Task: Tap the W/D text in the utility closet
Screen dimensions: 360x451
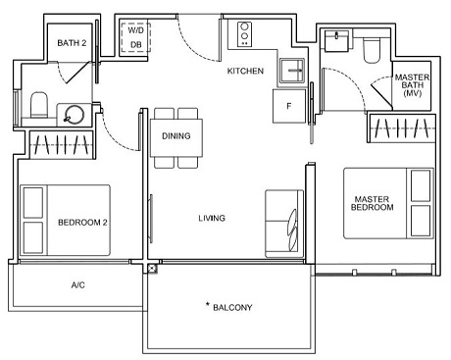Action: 134,30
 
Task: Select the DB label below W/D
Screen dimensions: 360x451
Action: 134,44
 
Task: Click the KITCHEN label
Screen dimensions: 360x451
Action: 245,72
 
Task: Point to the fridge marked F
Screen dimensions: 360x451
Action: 289,104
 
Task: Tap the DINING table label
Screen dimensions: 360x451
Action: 176,136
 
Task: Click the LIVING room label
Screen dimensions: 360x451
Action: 211,218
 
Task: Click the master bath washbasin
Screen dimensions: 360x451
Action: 337,41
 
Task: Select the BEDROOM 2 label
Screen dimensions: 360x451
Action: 82,222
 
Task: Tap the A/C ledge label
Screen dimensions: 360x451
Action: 78,285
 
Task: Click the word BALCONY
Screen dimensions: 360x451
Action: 235,307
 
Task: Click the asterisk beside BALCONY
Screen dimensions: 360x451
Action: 208,306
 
